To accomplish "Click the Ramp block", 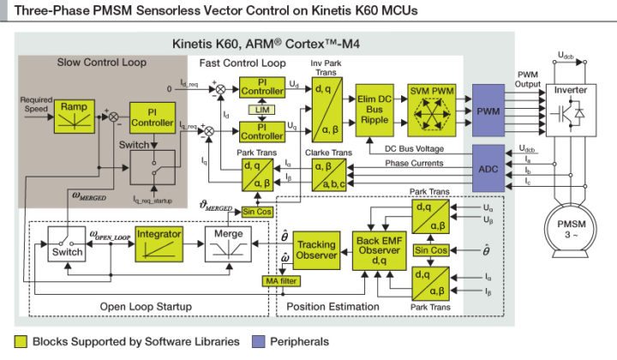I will pyautogui.click(x=74, y=117).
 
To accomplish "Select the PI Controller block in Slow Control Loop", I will pyautogui.click(x=151, y=117).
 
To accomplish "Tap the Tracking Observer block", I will pyautogui.click(x=315, y=249).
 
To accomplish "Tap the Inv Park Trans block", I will pyautogui.click(x=324, y=111).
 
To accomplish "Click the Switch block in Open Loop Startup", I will pyautogui.click(x=67, y=247).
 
